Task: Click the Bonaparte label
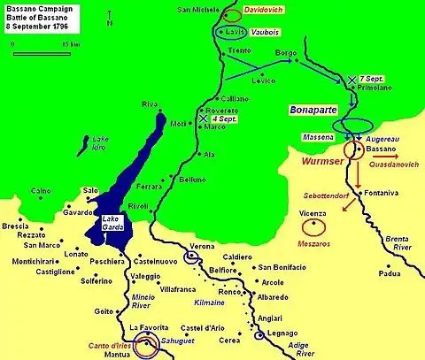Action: point(311,111)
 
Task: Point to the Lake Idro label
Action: point(98,144)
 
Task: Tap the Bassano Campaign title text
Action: point(37,7)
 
